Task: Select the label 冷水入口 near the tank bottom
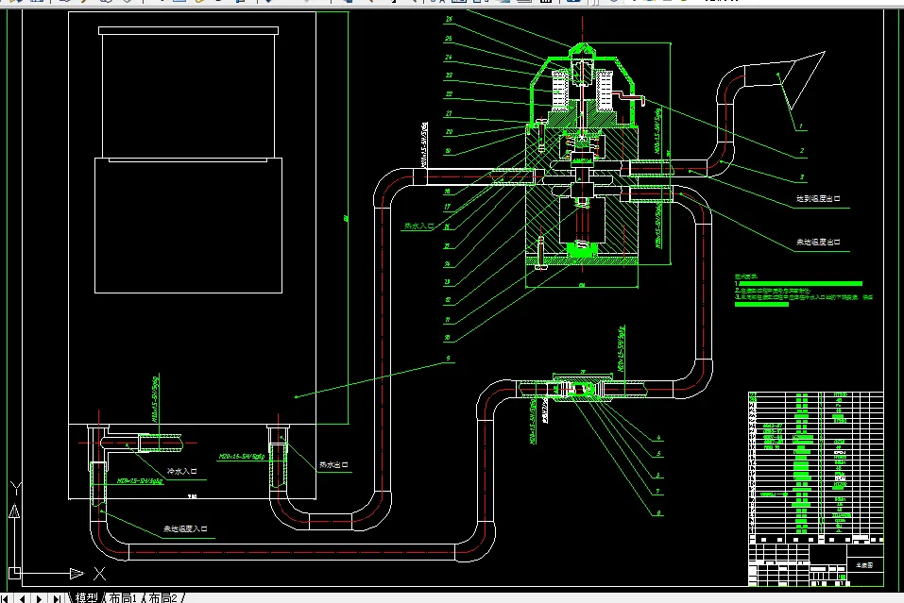click(181, 470)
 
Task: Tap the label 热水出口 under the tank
click(334, 465)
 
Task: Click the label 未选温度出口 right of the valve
click(817, 243)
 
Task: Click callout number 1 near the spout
click(800, 126)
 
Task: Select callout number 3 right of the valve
click(802, 176)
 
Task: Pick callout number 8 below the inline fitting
click(658, 512)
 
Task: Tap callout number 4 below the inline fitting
click(658, 439)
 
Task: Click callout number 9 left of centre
click(451, 360)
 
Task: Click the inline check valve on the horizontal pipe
click(579, 386)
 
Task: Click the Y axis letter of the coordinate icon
click(14, 488)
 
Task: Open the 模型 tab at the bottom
click(86, 597)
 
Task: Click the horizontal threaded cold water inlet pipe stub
click(151, 441)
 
